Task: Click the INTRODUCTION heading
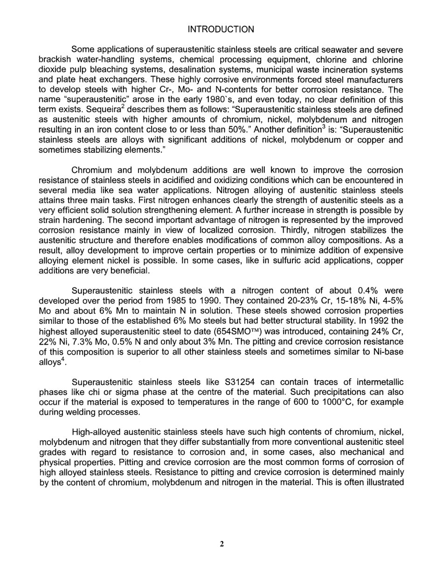click(x=221, y=29)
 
